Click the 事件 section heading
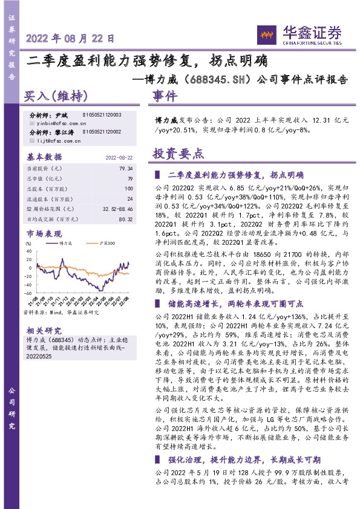(x=165, y=97)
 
